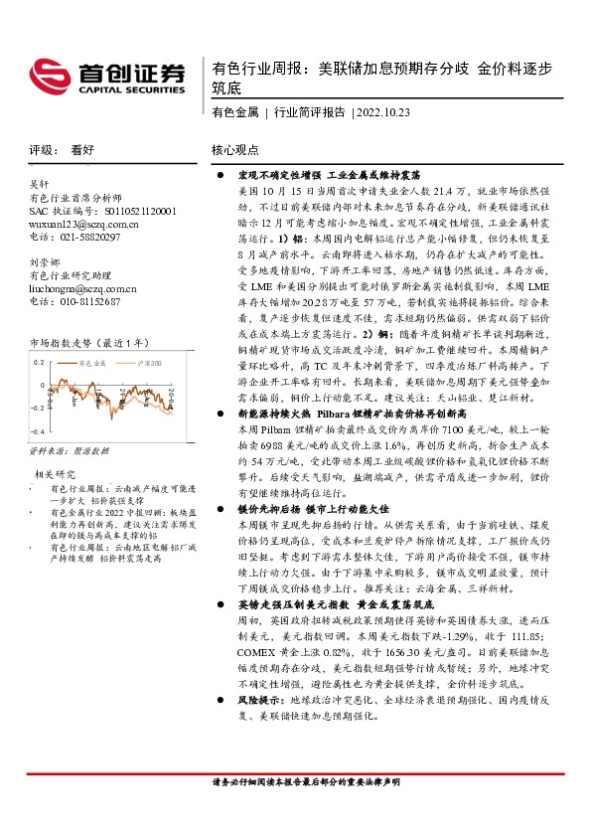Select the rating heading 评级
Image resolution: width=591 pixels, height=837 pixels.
pyautogui.click(x=42, y=150)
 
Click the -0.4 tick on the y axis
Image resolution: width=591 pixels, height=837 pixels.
pyautogui.click(x=37, y=432)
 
